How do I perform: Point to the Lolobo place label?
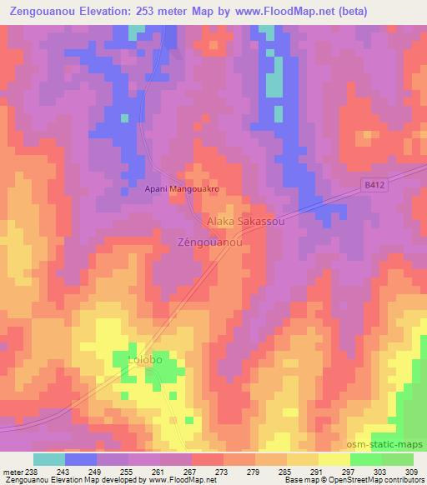pyautogui.click(x=143, y=359)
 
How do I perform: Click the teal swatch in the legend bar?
pyautogui.click(x=49, y=459)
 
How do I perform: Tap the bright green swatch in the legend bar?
pyautogui.click(x=366, y=459)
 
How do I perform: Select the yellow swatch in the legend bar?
pyautogui.click(x=334, y=459)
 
